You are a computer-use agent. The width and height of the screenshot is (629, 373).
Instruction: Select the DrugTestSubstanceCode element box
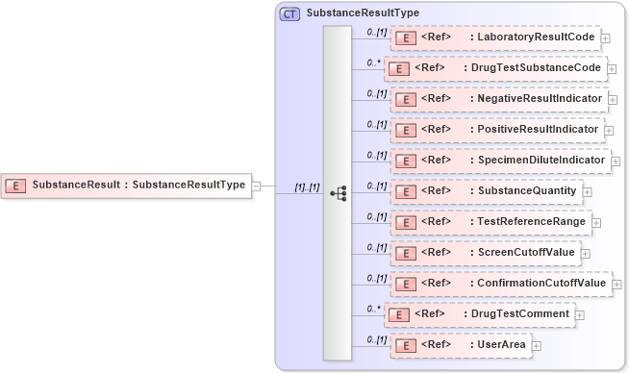point(496,68)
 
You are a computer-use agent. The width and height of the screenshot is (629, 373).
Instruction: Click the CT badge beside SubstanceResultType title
point(289,14)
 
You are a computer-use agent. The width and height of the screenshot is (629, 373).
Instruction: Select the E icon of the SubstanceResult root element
point(15,185)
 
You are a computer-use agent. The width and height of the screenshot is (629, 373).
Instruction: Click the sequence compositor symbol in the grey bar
point(338,193)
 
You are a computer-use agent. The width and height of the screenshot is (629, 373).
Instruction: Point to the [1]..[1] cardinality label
point(307,187)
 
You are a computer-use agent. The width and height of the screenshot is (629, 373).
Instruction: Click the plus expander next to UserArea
point(537,345)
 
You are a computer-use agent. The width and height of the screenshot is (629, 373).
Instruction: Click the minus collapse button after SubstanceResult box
point(256,185)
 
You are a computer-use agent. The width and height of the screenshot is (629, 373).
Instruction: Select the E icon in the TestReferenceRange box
point(406,222)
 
